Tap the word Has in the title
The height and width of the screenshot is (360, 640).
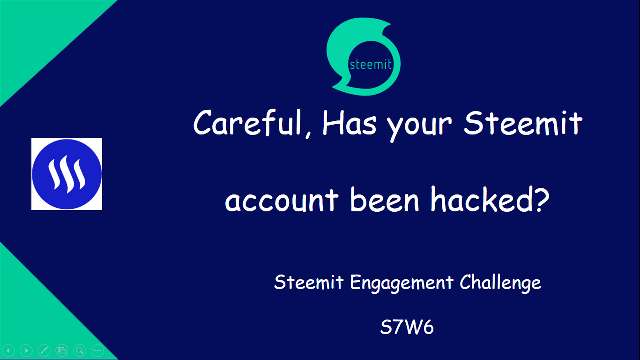pyautogui.click(x=349, y=123)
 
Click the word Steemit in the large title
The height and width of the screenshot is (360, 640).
pyautogui.click(x=523, y=123)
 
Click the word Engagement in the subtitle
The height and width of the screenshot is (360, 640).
pyautogui.click(x=402, y=283)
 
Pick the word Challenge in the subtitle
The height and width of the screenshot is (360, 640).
pyautogui.click(x=500, y=283)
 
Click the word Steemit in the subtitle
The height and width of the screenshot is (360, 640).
pyautogui.click(x=309, y=282)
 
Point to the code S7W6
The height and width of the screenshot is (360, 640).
pyautogui.click(x=407, y=327)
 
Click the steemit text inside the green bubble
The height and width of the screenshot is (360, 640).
pyautogui.click(x=370, y=65)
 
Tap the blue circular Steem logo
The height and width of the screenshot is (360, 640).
pyautogui.click(x=67, y=174)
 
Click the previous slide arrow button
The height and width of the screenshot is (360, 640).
pyautogui.click(x=9, y=350)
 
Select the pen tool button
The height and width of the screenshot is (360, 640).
pyautogui.click(x=44, y=350)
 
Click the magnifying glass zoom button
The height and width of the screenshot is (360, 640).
pyautogui.click(x=80, y=350)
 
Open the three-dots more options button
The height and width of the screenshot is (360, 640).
pyautogui.click(x=97, y=350)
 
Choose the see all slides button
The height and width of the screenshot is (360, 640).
pyautogui.click(x=62, y=350)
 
